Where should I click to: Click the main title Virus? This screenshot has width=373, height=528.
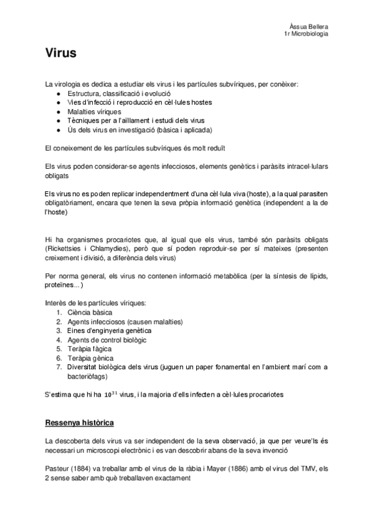point(60,54)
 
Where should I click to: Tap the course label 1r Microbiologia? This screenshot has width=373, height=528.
point(306,33)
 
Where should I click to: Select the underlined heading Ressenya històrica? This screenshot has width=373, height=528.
point(79,423)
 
